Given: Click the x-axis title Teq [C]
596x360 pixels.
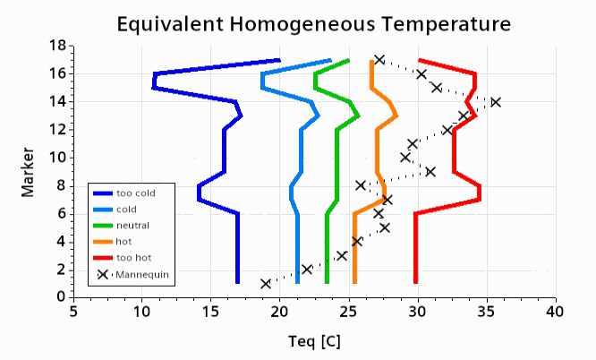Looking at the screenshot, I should [314, 341].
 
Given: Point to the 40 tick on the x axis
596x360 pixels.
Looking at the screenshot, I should [556, 311].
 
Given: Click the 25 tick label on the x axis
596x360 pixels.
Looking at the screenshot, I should [348, 311].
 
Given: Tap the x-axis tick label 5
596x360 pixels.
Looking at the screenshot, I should [73, 311].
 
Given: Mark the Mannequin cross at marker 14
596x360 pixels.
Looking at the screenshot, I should [496, 102].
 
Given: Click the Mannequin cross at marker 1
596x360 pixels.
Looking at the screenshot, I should [266, 283].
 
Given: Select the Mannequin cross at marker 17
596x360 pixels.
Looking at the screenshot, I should [379, 60].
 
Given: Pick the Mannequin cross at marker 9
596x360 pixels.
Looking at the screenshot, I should [430, 171].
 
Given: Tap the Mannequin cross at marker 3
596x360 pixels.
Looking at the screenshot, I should [342, 255].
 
